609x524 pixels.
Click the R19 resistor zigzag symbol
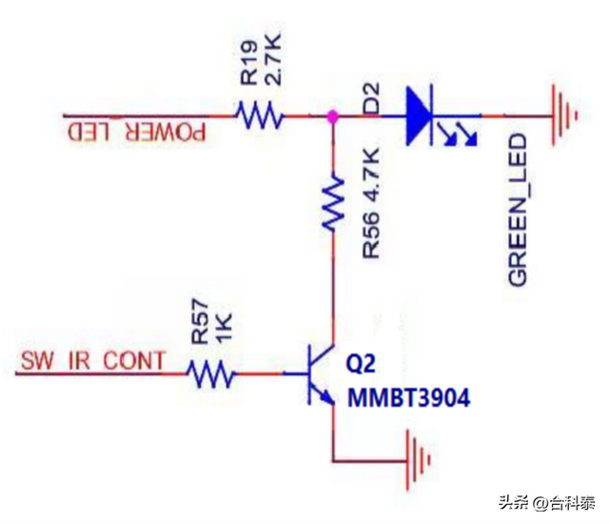(260, 117)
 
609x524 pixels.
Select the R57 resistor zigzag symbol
(211, 373)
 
